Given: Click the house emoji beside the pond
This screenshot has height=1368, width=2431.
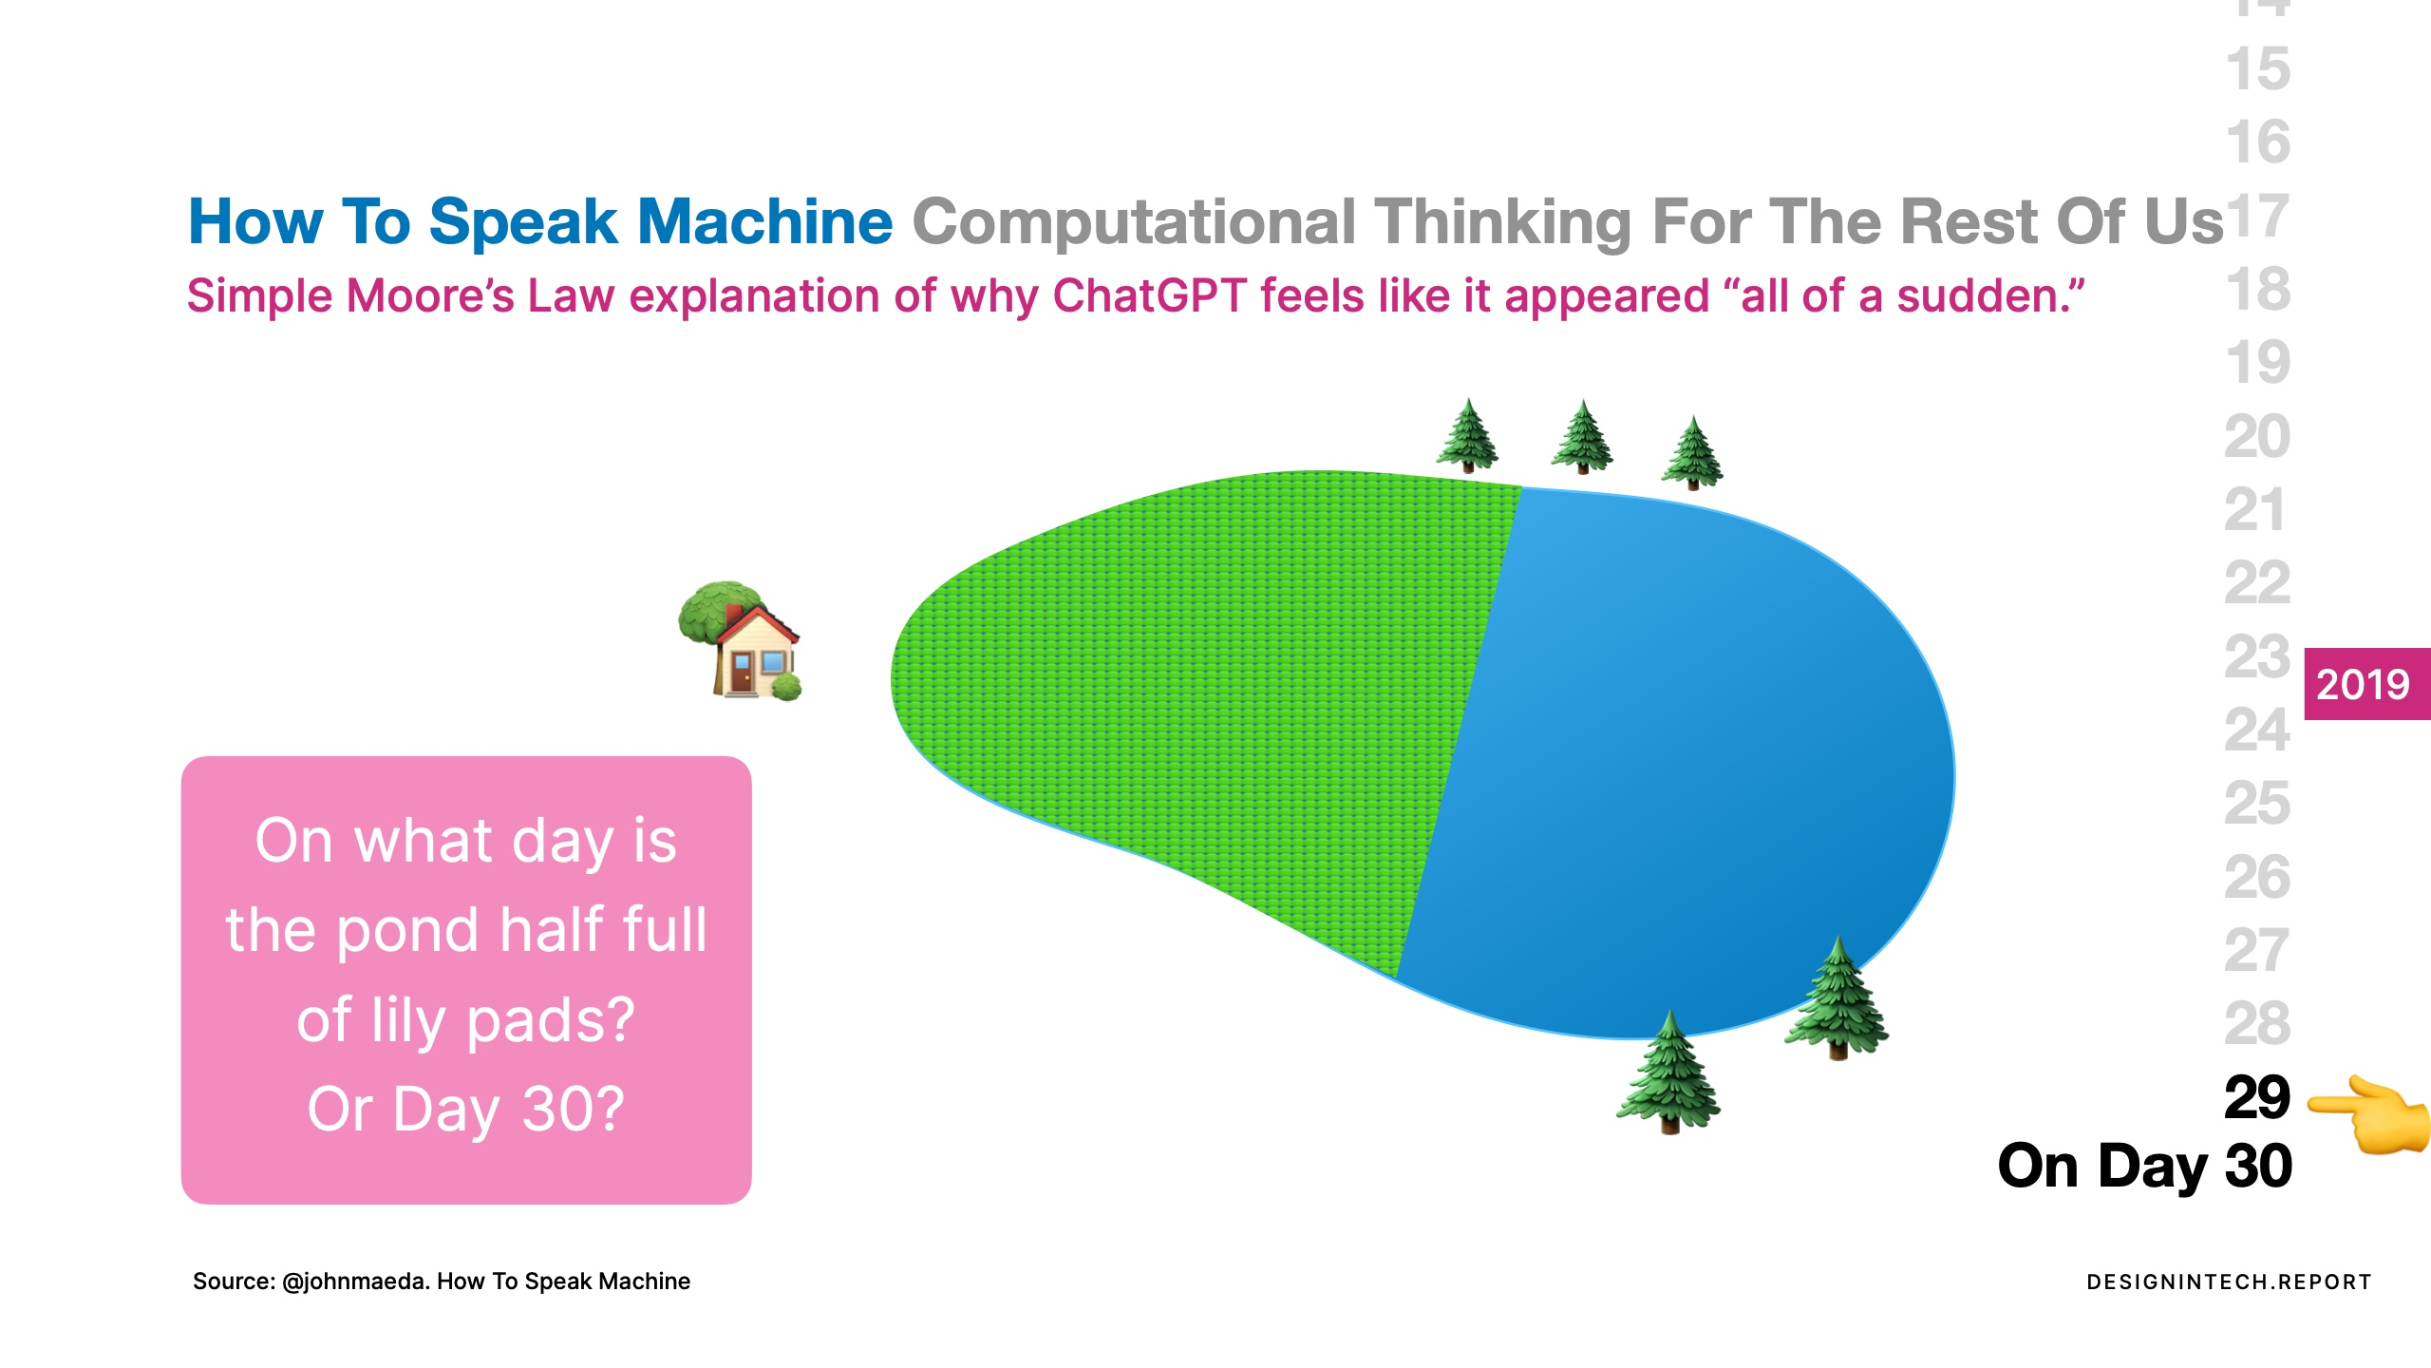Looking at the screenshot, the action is (x=740, y=641).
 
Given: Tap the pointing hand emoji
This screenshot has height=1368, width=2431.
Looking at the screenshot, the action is (x=2369, y=1114).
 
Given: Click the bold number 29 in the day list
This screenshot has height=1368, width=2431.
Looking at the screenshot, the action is (x=2257, y=1098).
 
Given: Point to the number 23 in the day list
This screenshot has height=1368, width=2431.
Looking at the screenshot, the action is (x=2257, y=657).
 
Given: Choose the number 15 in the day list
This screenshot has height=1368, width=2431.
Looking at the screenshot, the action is (x=2258, y=69).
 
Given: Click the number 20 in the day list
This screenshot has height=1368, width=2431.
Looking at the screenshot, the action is (x=2257, y=437).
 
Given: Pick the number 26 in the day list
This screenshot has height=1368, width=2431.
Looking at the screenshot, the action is (x=2257, y=878).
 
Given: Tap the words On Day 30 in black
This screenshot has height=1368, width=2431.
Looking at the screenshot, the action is (x=2145, y=1168).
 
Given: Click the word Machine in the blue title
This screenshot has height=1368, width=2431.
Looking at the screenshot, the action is (x=765, y=222).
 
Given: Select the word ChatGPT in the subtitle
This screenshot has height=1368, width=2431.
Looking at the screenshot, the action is (x=1149, y=295).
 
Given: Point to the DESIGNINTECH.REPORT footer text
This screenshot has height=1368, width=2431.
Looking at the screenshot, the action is (x=2229, y=1282).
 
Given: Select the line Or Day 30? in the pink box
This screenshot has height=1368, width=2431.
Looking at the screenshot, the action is (x=466, y=1110).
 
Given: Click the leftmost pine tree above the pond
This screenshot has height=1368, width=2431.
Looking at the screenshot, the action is (x=1468, y=435).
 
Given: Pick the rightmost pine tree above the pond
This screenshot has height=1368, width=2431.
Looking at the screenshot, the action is (x=1692, y=452).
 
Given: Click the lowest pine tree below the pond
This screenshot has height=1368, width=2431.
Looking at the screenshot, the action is (x=1668, y=1072).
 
